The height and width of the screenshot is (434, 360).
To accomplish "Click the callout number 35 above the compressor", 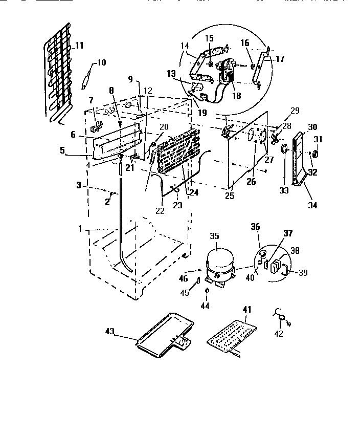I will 214,236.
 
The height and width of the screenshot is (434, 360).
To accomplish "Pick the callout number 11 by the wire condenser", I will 79,46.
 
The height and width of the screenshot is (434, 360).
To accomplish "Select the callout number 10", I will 101,62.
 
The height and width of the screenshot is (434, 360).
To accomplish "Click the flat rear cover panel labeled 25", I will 248,148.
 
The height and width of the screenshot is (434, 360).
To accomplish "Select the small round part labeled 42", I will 281,320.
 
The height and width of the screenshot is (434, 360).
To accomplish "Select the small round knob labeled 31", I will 316,154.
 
